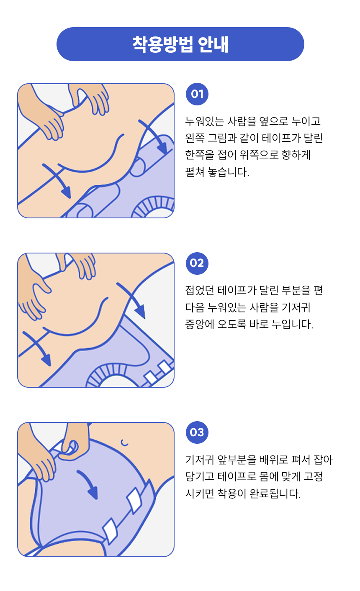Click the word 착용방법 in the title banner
point(162,44)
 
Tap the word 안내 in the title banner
point(213,44)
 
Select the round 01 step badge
point(197,94)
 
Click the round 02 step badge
point(197,264)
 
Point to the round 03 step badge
point(197,432)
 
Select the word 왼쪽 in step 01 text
point(195,138)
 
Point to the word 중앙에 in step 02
point(200,324)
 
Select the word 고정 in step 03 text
point(313,476)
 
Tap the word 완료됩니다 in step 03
point(275,494)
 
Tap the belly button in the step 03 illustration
point(124,443)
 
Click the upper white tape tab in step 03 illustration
point(134,500)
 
